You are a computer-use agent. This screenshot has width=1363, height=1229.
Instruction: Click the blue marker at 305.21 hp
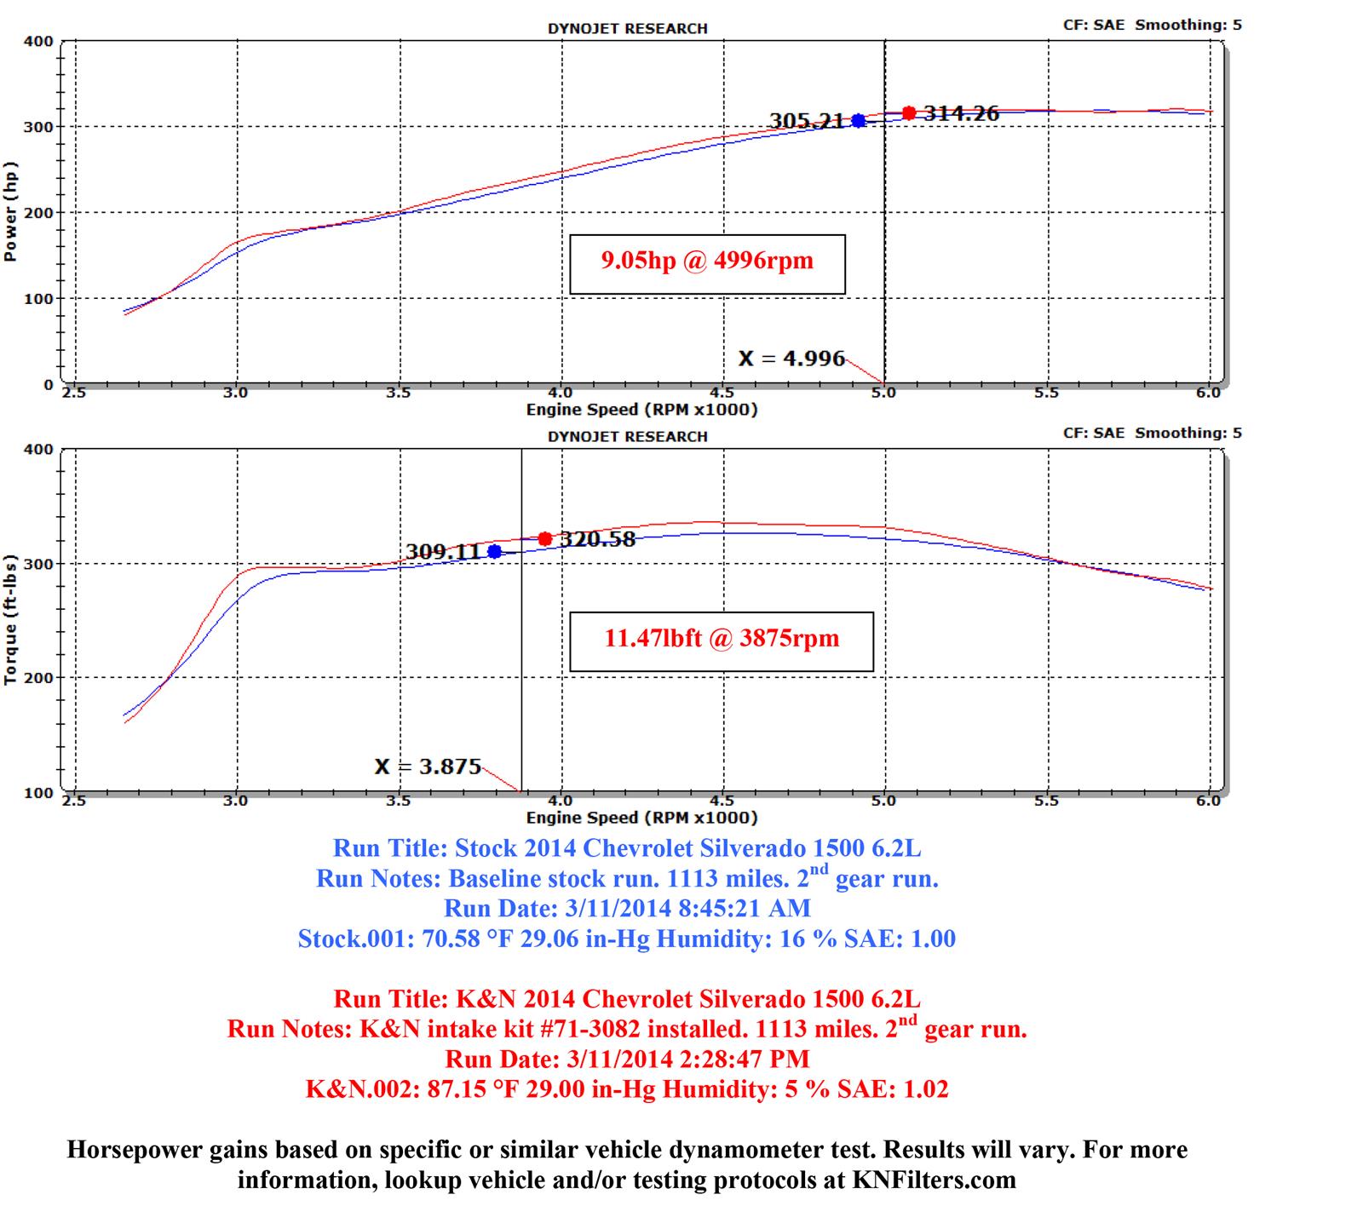[x=858, y=121]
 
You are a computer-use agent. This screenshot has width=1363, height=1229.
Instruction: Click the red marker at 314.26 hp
[x=909, y=112]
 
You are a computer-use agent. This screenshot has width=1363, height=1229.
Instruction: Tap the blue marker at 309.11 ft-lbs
[x=494, y=551]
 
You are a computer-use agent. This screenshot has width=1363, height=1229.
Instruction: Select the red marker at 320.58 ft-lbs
[x=545, y=538]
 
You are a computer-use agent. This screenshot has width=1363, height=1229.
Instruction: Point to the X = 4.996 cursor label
[x=791, y=359]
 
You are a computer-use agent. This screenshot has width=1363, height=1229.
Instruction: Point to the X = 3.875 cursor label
[x=428, y=767]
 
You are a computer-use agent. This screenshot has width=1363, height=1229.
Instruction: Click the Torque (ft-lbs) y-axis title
[x=11, y=618]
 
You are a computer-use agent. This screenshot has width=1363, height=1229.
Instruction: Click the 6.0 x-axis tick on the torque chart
[x=1208, y=801]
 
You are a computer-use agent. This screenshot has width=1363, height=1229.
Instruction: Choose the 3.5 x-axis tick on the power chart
[x=398, y=393]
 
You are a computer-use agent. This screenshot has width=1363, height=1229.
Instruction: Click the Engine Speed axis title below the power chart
[x=641, y=410]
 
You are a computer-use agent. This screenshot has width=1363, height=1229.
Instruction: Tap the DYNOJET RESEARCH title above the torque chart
[x=627, y=436]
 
